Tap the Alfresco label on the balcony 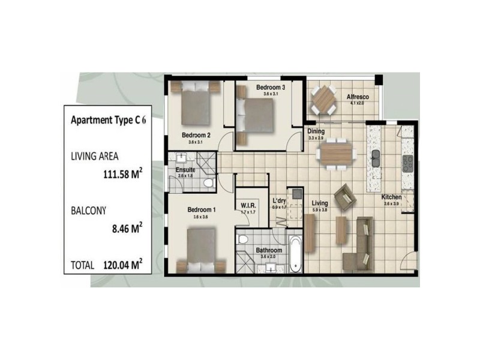(x=357, y=97)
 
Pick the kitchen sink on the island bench (x=376, y=158)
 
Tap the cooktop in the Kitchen (x=408, y=162)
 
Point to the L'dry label (x=280, y=201)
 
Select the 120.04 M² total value (x=121, y=263)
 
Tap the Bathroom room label (x=269, y=250)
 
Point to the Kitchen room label (x=392, y=197)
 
